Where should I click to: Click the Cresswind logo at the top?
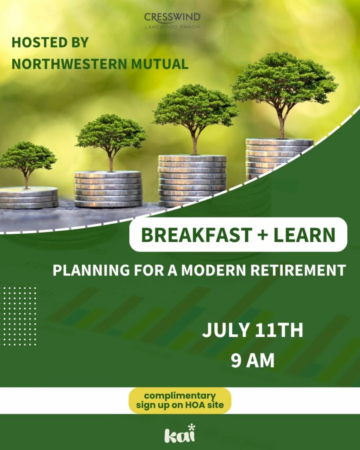click(x=172, y=21)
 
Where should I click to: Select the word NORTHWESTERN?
click(x=69, y=64)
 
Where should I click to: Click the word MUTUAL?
click(x=160, y=64)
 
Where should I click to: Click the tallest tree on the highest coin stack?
click(x=284, y=95)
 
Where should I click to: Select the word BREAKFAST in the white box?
click(x=196, y=235)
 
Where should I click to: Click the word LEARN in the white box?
click(x=304, y=235)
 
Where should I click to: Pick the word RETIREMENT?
click(x=298, y=270)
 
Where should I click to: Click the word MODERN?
click(x=213, y=270)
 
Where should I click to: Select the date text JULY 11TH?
click(x=253, y=330)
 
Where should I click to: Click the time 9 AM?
click(x=253, y=360)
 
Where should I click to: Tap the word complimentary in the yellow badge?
click(x=180, y=396)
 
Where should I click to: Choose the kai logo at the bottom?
click(x=180, y=433)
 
